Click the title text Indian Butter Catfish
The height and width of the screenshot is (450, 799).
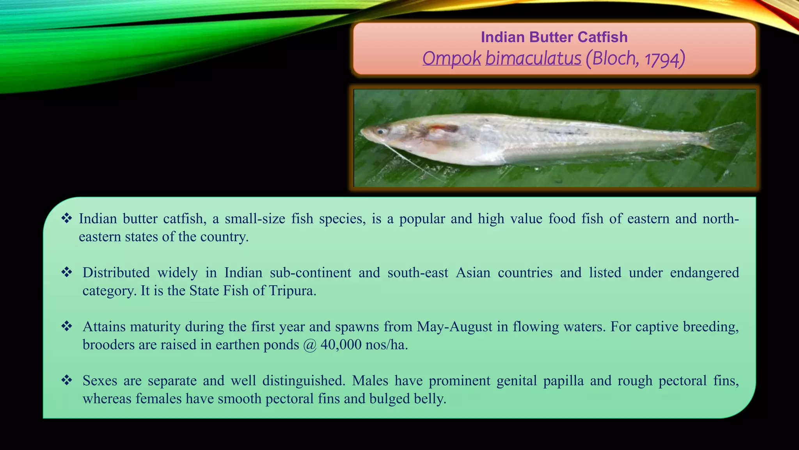554,37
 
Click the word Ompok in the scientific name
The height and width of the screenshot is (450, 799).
452,59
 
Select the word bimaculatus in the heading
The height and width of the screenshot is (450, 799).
533,59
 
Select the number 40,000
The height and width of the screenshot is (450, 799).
341,345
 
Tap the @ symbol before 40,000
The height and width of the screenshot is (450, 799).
310,345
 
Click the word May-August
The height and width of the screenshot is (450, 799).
455,327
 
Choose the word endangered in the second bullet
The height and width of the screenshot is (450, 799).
704,273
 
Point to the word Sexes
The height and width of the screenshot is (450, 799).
100,380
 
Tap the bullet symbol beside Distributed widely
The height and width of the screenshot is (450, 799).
67,272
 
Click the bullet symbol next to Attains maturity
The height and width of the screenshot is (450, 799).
67,326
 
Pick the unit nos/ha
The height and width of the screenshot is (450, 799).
386,345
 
